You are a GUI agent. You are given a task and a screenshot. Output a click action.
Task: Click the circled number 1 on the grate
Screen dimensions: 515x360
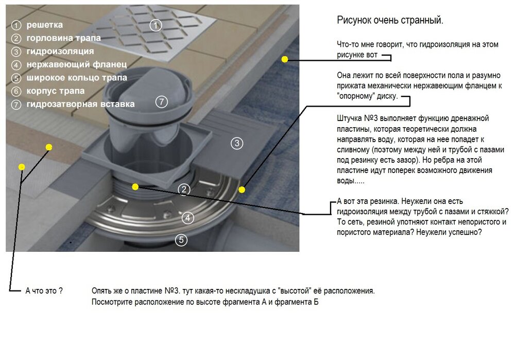[x=156, y=25]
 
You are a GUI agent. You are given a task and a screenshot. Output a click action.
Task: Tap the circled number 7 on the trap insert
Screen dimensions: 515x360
[x=161, y=101]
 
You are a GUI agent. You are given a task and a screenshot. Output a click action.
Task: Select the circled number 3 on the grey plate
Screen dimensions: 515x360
[x=237, y=143]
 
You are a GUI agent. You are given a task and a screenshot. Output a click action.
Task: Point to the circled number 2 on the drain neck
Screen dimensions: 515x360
[x=184, y=189]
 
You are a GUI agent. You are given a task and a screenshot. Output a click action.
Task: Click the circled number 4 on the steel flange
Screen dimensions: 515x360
[x=188, y=218]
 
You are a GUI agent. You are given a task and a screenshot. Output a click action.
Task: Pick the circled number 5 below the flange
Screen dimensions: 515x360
[x=181, y=240]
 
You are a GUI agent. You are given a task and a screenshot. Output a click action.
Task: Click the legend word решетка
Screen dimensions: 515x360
[x=44, y=25]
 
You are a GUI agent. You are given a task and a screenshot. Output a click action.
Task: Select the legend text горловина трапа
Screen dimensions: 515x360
[x=64, y=38]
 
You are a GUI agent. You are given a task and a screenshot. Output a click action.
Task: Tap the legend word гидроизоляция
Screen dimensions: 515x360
[x=60, y=52]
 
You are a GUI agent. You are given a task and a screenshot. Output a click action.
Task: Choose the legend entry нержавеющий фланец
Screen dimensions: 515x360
[x=77, y=64]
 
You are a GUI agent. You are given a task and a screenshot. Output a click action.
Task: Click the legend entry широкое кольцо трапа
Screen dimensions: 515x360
[x=77, y=78]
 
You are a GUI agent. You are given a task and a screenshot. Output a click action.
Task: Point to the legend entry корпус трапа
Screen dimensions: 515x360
[x=56, y=91]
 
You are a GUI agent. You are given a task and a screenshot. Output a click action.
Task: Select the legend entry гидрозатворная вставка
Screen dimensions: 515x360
[x=80, y=104]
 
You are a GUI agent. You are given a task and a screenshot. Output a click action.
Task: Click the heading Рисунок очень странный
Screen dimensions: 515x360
[x=390, y=21]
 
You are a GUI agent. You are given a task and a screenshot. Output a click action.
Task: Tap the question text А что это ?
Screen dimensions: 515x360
[x=44, y=290]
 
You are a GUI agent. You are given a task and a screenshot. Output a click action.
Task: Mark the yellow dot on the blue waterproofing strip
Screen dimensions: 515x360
[x=285, y=59]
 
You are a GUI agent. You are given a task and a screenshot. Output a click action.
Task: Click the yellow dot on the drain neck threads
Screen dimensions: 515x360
[x=135, y=187]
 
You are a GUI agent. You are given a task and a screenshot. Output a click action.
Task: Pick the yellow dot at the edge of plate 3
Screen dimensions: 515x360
[x=242, y=190]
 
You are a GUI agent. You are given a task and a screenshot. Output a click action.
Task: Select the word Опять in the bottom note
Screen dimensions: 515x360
[x=101, y=291]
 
